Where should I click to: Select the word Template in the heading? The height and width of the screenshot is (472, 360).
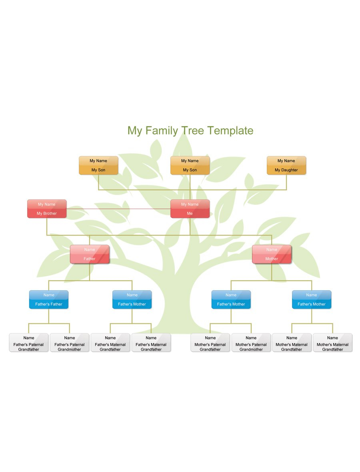230,131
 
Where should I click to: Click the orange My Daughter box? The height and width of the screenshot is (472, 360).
286,165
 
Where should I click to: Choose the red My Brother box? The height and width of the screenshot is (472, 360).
47,209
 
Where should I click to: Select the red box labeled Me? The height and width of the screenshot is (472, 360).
190,209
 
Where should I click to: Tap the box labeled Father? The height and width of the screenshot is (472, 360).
89,254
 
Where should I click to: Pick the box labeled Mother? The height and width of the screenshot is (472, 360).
272,254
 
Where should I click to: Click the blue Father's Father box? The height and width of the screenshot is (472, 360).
49,299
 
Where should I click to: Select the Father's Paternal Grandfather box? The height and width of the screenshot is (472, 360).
28,343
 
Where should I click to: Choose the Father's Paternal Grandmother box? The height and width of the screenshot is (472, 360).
70,343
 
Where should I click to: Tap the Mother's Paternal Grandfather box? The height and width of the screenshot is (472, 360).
210,343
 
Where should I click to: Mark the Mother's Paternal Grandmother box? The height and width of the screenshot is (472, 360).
251,343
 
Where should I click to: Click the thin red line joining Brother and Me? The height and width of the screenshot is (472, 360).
118,209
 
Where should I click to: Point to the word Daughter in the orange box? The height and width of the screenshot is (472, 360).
289,170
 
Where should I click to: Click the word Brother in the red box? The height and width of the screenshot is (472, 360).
50,213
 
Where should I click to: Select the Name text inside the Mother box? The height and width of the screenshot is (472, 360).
272,249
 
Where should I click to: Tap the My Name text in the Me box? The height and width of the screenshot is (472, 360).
190,205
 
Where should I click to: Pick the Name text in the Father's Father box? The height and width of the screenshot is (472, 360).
49,295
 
